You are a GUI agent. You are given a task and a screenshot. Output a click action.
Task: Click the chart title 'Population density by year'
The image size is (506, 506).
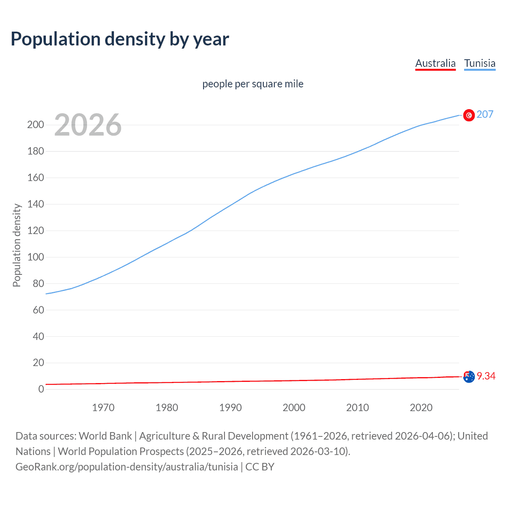click(x=120, y=39)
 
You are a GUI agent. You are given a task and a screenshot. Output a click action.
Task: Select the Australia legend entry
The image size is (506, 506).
click(x=435, y=63)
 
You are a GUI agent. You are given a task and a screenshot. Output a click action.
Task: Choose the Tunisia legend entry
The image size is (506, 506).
click(x=480, y=63)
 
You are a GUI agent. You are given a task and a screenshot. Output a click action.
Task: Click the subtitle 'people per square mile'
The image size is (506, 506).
click(x=253, y=84)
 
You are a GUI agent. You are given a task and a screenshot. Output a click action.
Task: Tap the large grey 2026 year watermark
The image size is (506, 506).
click(x=88, y=125)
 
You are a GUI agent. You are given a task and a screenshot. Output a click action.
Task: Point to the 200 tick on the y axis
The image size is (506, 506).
click(x=36, y=125)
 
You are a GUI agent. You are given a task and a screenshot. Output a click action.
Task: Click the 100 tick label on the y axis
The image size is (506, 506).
click(x=36, y=257)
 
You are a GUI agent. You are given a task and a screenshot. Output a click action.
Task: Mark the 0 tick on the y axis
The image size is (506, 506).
click(x=41, y=389)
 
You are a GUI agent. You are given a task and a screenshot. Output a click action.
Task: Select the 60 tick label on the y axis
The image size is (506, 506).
click(x=38, y=310)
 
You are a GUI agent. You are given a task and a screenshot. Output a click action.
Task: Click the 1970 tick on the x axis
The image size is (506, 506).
click(x=103, y=408)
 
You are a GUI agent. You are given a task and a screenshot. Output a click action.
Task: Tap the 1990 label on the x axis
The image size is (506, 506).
click(x=230, y=408)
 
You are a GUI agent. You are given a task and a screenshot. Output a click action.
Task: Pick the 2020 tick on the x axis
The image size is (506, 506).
click(x=421, y=408)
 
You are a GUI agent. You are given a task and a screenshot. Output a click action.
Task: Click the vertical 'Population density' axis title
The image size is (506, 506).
click(x=17, y=245)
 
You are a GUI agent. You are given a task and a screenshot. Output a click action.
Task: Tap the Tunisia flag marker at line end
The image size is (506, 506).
click(x=469, y=115)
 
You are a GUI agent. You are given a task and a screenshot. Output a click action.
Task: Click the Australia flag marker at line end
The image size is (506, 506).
click(x=469, y=377)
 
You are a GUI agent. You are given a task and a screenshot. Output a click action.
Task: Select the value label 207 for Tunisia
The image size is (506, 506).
click(x=485, y=115)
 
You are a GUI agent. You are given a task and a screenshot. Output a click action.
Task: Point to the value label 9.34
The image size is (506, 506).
click(x=486, y=376)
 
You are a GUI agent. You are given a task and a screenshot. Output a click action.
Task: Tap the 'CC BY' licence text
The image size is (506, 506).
click(x=260, y=467)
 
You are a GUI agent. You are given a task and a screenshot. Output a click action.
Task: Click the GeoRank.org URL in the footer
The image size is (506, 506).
click(x=126, y=467)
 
